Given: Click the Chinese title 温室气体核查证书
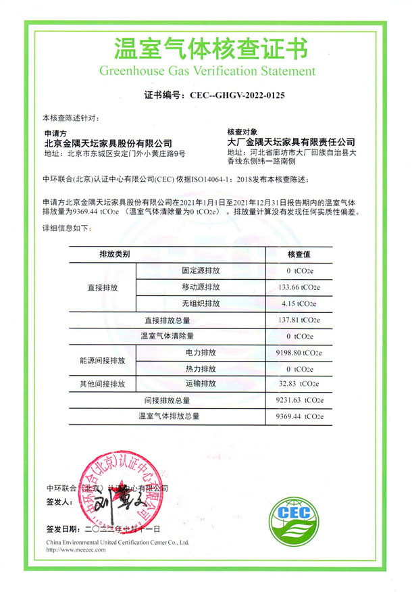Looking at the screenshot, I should point(207,49).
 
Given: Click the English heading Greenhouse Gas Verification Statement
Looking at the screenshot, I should point(207,70).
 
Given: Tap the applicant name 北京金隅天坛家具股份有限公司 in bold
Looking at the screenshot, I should point(108,143).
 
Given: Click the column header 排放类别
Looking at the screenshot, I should point(114,254).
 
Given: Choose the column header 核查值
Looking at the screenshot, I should point(298,254).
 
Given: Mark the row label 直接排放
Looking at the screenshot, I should point(103,287).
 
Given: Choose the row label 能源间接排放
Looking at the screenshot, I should point(103,361).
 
